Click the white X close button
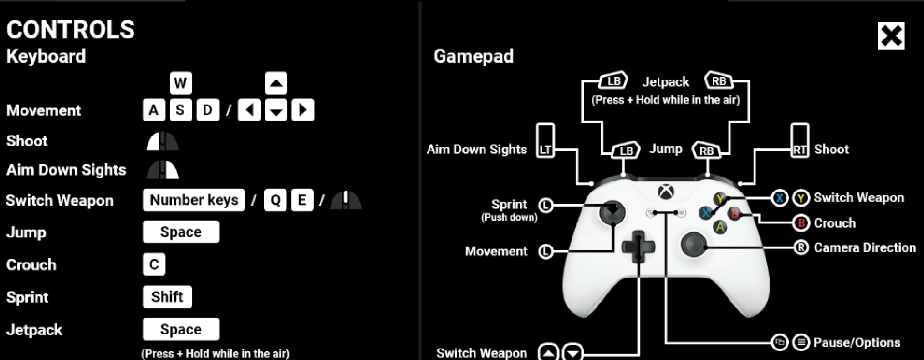coord(891,36)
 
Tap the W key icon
coord(181,83)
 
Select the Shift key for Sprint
coord(167,297)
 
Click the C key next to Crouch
coord(154,265)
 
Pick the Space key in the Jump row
coord(181,232)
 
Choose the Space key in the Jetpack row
coord(181,329)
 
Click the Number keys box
coord(194,200)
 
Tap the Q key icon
coord(275,200)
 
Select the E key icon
coord(302,200)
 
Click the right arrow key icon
coord(303,110)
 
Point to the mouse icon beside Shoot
coord(163,141)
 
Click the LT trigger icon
coord(545,140)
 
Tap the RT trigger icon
coord(800,140)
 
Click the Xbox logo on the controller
coord(666,192)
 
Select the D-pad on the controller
coord(638,246)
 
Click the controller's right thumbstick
coord(693,244)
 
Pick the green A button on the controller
coord(720,227)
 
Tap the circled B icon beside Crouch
coord(800,223)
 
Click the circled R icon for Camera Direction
coord(801,248)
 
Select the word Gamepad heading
coord(473,56)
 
